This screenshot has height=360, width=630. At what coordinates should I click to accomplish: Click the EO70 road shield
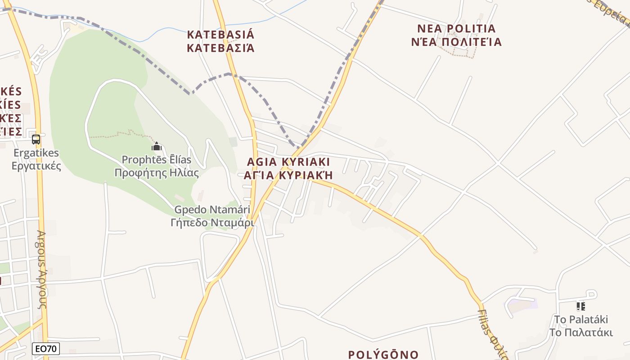46,348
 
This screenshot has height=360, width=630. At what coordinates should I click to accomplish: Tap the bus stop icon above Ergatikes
36,139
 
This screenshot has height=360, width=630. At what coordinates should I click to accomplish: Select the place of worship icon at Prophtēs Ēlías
157,146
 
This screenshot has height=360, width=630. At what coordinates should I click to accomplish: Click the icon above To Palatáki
581,306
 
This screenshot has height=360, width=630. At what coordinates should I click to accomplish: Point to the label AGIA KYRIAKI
288,162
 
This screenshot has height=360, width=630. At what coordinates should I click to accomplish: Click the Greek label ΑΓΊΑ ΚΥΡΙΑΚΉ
288,175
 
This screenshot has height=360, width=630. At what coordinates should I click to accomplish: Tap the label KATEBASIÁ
220,35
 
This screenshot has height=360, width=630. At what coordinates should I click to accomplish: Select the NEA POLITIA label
456,29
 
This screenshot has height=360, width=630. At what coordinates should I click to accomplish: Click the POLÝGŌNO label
383,355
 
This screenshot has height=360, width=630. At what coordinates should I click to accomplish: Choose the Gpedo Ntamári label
212,210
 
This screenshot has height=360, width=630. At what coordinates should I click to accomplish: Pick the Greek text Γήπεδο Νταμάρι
212,222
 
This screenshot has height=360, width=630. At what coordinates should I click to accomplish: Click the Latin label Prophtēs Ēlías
157,160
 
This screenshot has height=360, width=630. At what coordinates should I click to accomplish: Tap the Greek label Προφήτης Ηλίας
157,173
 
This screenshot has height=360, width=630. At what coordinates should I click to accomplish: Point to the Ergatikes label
36,153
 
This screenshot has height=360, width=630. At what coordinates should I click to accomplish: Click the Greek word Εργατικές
36,166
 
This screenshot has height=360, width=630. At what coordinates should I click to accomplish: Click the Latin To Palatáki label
581,319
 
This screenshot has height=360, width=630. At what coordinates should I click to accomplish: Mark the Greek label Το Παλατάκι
581,333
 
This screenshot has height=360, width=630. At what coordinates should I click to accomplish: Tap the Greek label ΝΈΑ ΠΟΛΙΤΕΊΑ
456,42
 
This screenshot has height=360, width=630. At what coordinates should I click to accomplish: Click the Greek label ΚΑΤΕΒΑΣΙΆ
220,48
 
